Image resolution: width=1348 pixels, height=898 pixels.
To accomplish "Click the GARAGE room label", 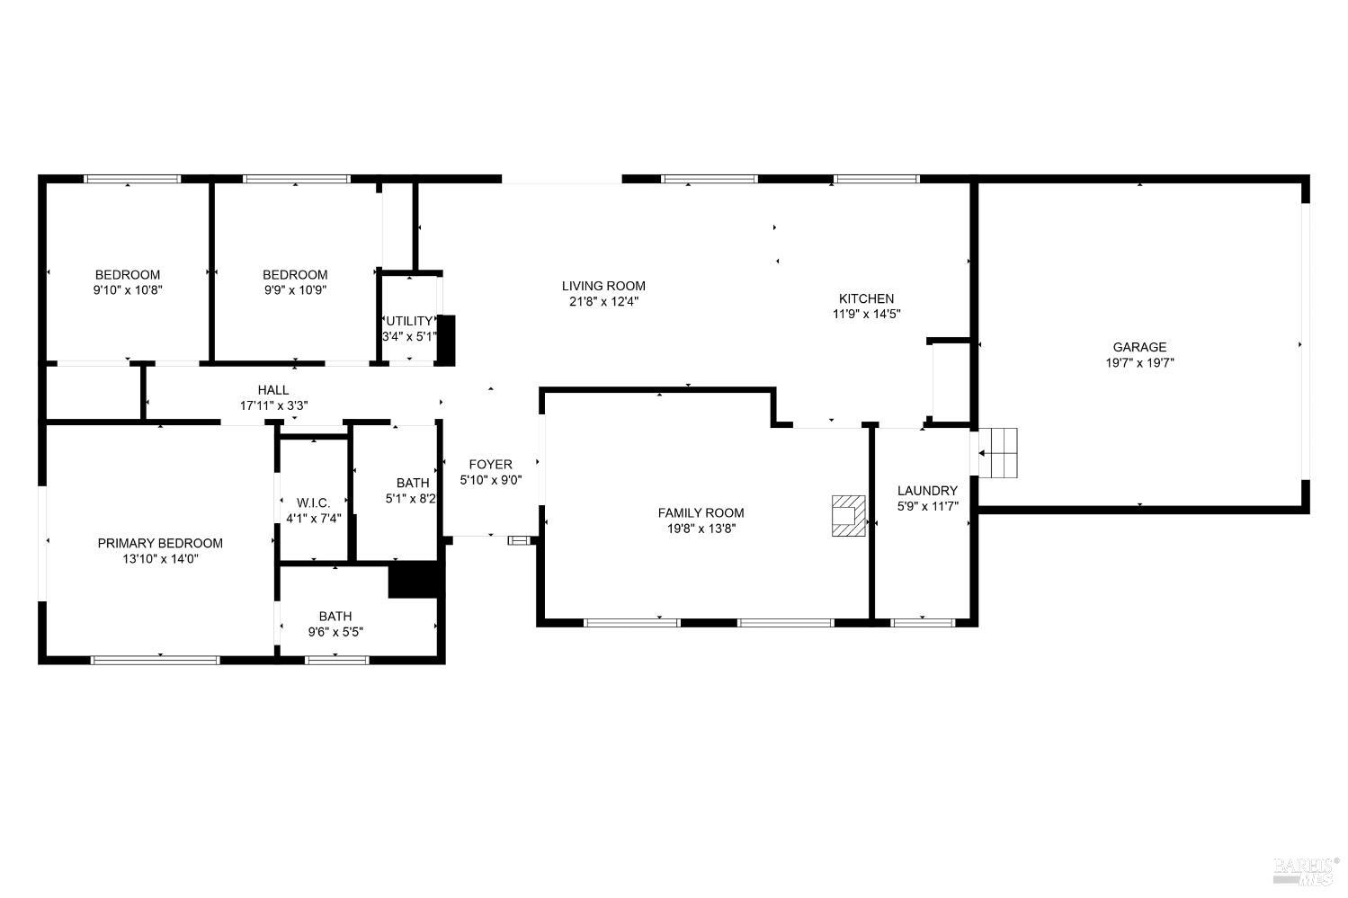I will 1139,347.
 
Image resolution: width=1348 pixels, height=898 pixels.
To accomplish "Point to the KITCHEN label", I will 866,298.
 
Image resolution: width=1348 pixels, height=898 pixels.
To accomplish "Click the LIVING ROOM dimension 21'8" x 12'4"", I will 603,302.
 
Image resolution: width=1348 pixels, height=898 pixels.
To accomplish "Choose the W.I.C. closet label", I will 314,502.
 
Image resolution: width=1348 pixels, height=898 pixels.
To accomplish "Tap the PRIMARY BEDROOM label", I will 160,543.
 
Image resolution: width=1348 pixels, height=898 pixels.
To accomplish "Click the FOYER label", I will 490,465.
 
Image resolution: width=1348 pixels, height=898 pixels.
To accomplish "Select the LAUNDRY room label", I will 927,491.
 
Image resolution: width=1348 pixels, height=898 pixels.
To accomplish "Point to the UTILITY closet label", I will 409,321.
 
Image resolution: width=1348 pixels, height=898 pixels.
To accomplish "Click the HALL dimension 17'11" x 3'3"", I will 273,405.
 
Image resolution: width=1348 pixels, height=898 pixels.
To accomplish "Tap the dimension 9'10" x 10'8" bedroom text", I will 128,290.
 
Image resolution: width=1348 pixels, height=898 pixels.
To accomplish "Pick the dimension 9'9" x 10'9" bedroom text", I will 295,290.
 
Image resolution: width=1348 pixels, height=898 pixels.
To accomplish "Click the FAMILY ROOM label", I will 701,513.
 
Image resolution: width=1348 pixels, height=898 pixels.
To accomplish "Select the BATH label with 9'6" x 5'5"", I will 335,617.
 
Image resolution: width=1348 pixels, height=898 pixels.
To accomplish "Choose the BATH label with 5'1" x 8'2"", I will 412,484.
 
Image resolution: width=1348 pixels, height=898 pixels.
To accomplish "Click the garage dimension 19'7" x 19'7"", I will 1139,363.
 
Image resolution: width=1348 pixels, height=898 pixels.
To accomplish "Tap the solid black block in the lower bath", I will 415,579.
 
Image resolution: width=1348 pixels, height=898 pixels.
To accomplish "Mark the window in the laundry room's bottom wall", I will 923,621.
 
